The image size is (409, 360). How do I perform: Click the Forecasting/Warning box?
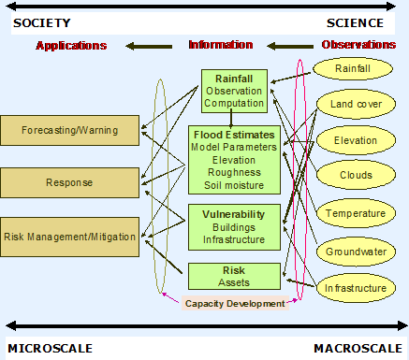tap(70, 130)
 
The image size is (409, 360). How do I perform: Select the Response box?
tap(70, 183)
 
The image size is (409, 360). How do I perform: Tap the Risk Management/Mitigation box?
tap(70, 237)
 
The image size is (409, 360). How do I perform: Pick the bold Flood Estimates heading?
tap(233, 133)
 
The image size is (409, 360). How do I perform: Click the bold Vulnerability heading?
tap(233, 214)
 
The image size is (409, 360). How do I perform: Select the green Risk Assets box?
tap(233, 275)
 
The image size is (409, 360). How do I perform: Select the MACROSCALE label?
tap(358, 348)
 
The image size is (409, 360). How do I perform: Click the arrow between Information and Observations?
tap(287, 44)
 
